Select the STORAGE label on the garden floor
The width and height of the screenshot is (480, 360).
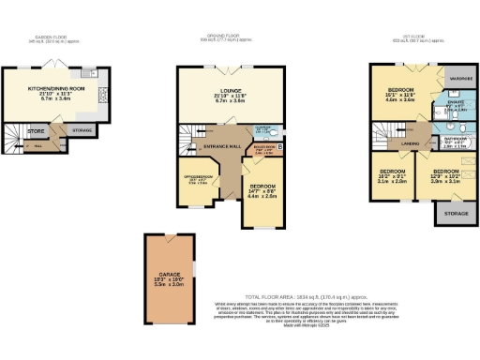[82, 130]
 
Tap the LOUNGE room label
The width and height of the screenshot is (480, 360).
[231, 92]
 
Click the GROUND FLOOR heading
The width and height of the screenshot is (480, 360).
[231, 37]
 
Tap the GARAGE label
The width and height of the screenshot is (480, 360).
[164, 278]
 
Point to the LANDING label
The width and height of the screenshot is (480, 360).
[409, 143]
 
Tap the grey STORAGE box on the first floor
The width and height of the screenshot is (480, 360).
[453, 213]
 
